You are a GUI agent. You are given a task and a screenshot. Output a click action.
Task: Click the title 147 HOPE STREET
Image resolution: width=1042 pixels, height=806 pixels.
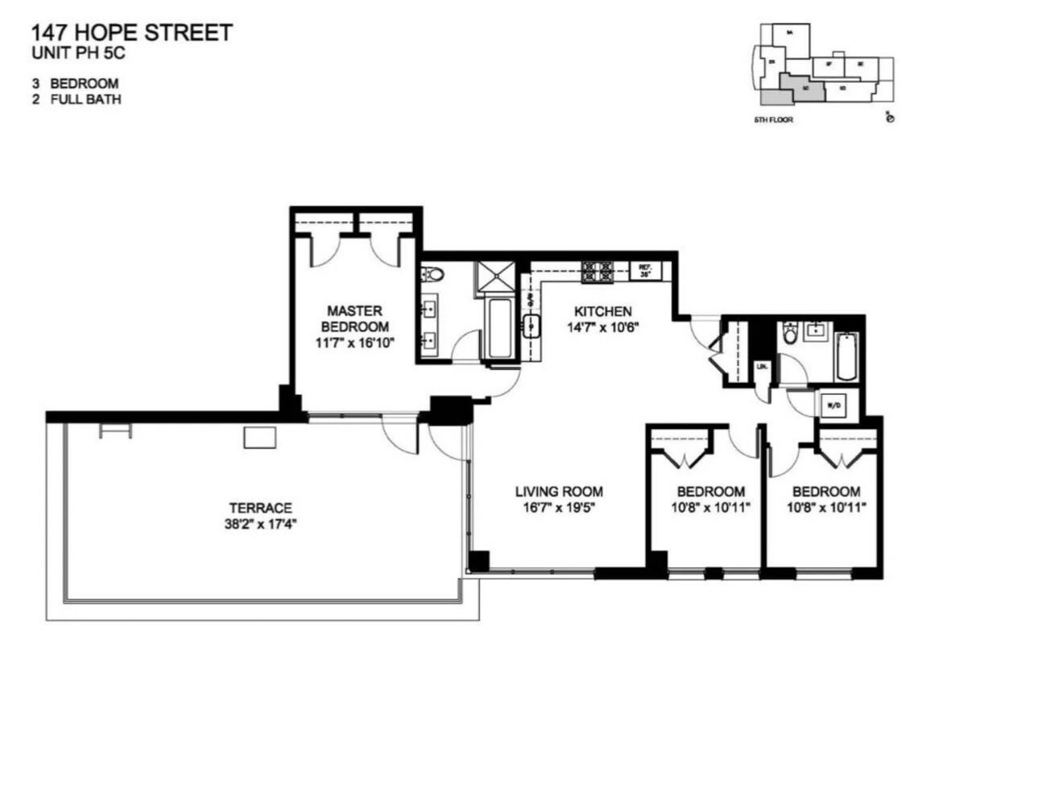pyautogui.click(x=131, y=33)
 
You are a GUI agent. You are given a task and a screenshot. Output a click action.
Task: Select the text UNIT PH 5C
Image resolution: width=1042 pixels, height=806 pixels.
pyautogui.click(x=78, y=53)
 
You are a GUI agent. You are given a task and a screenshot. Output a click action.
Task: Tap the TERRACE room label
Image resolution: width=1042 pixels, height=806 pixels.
pyautogui.click(x=260, y=508)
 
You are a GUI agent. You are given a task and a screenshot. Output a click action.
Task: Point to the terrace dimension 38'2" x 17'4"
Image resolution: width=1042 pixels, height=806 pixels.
pyautogui.click(x=260, y=524)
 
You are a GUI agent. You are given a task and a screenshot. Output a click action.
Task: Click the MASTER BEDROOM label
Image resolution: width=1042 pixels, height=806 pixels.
pyautogui.click(x=354, y=318)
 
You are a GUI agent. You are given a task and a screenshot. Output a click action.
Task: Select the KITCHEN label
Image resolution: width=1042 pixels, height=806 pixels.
pyautogui.click(x=602, y=311)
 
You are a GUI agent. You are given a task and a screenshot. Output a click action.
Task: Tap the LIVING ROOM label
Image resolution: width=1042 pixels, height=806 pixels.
pyautogui.click(x=559, y=492)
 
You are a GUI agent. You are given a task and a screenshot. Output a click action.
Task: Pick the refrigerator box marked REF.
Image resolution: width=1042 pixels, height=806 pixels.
pyautogui.click(x=645, y=271)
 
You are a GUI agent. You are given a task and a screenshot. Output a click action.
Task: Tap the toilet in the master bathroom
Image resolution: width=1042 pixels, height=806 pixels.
pyautogui.click(x=432, y=275)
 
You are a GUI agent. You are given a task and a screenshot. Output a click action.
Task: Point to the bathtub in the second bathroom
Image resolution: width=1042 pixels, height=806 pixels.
pyautogui.click(x=846, y=355)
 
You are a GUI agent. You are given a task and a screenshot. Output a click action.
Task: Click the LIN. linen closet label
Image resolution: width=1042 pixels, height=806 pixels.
pyautogui.click(x=762, y=366)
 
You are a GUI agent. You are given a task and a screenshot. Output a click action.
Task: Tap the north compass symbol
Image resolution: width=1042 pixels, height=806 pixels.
pyautogui.click(x=889, y=118)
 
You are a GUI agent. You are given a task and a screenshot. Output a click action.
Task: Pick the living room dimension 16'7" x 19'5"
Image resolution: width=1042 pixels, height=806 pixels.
pyautogui.click(x=559, y=508)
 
